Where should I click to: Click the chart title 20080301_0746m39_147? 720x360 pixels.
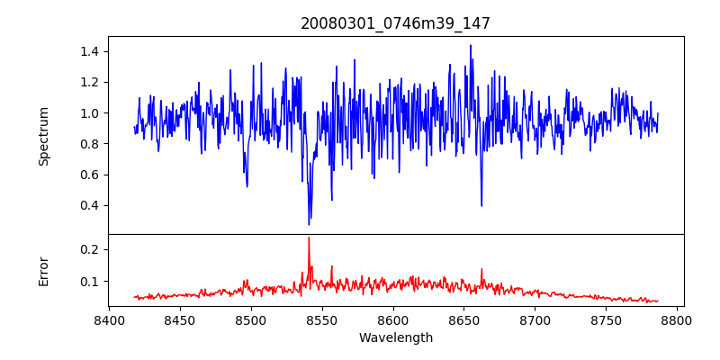tap(395, 23)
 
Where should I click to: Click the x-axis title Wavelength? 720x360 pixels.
tap(396, 338)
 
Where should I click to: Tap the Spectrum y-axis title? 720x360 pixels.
tap(43, 137)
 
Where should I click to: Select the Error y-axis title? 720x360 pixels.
tap(43, 272)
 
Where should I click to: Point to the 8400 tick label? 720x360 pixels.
tap(109, 320)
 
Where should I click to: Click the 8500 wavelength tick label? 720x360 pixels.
tap(251, 320)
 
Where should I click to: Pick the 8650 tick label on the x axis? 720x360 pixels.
tap(463, 320)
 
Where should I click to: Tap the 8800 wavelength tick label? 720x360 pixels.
tap(677, 320)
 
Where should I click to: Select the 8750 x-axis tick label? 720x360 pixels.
tap(606, 320)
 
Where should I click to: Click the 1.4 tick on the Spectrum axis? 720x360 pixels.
tap(94, 51)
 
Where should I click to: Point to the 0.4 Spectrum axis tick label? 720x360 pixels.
tap(94, 205)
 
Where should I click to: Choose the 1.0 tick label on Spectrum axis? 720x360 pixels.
tap(94, 113)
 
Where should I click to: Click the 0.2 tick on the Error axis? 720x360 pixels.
tap(94, 249)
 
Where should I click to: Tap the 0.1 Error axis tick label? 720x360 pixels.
tap(94, 281)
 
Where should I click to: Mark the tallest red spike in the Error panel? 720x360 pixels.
tap(309, 238)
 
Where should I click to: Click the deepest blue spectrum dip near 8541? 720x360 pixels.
tap(309, 224)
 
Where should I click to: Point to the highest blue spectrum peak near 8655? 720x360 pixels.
tap(471, 46)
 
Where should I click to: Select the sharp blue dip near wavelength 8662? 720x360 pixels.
tap(481, 206)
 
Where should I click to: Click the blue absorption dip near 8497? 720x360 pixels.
tap(247, 186)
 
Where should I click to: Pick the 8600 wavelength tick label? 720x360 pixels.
tap(393, 320)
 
